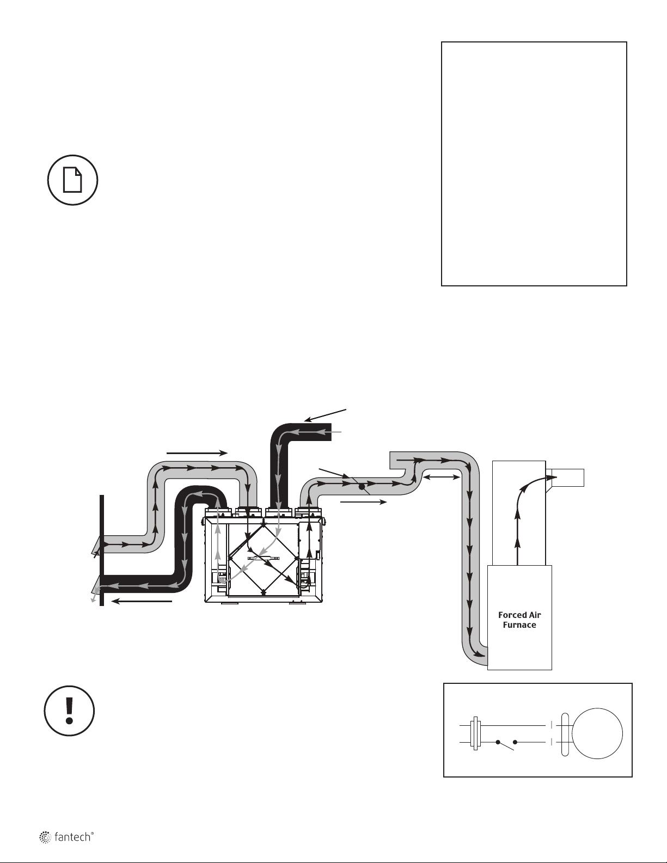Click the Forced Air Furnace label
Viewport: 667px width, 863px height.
coord(519,620)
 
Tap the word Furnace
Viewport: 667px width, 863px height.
coord(519,625)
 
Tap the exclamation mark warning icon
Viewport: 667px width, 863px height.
coord(69,712)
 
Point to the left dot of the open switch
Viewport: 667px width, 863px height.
coord(498,742)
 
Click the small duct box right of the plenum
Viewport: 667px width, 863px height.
coord(568,477)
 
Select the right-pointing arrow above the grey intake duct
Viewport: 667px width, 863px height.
coord(197,452)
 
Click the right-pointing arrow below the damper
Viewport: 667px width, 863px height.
coord(363,501)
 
